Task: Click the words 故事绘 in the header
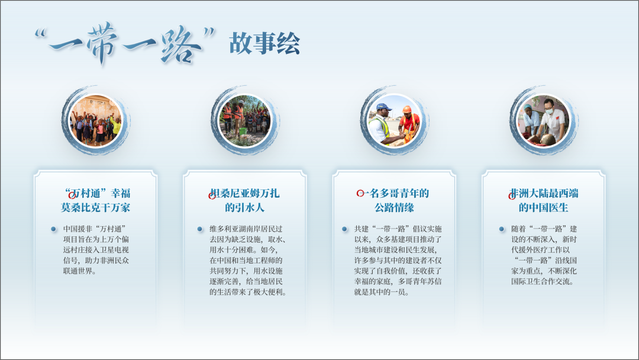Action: click(264, 43)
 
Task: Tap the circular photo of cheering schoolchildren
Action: click(96, 121)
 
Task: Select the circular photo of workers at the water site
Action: click(245, 121)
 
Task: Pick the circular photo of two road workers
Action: click(395, 121)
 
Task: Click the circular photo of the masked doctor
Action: click(544, 121)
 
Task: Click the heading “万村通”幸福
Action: click(98, 193)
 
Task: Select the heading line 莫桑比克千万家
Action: click(96, 207)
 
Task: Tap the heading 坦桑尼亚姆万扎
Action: click(245, 193)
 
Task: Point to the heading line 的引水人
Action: click(245, 207)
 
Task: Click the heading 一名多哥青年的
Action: click(395, 193)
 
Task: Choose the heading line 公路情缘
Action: click(395, 207)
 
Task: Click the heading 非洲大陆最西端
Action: click(544, 193)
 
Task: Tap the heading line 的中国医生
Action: click(544, 207)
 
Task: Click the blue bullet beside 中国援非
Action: click(53, 229)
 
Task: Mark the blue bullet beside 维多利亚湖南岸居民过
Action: click(200, 229)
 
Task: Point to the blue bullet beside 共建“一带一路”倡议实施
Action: click(344, 229)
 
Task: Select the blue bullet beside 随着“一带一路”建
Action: click(502, 229)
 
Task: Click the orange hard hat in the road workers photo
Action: click(406, 110)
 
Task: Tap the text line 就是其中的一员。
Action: click(382, 292)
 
